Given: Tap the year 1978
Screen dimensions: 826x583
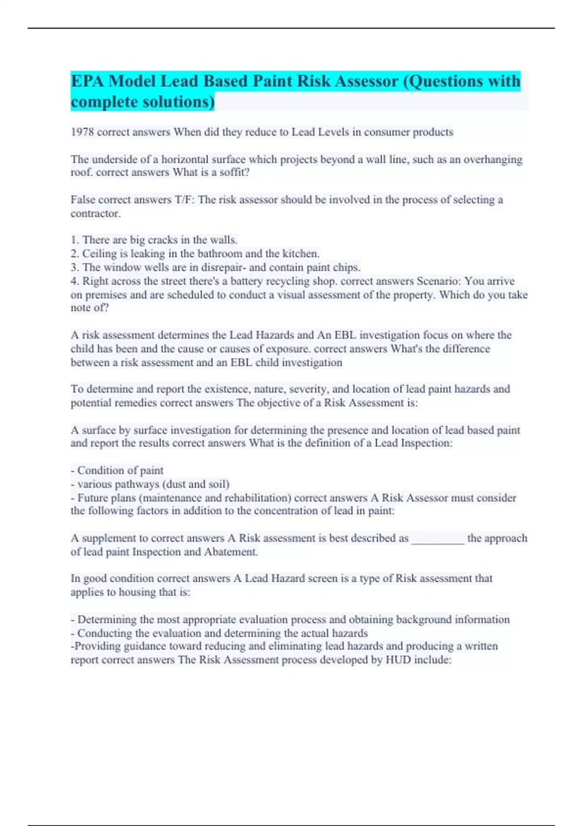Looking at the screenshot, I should coord(83,132).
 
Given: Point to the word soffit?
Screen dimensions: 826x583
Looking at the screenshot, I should coord(234,172).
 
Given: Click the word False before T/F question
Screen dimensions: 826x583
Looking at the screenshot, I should coord(83,200).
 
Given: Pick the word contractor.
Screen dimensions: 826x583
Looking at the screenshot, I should coord(95,213).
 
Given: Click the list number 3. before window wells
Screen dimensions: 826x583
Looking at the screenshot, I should coord(75,267).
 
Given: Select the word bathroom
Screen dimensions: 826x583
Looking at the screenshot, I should coord(220,254).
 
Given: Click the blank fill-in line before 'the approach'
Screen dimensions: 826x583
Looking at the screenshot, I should coord(438,539).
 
